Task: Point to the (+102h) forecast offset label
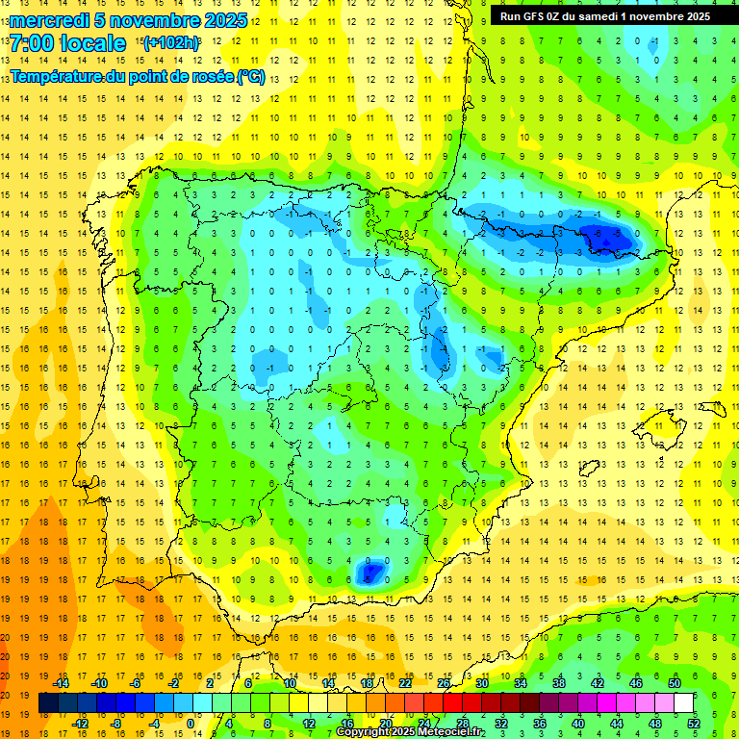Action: pyautogui.click(x=170, y=42)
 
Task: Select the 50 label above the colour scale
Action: pyautogui.click(x=673, y=683)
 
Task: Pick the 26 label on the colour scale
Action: pyautogui.click(x=444, y=683)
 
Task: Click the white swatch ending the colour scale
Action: pyautogui.click(x=683, y=703)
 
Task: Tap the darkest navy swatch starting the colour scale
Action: pyautogui.click(x=49, y=703)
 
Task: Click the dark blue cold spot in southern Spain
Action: pyautogui.click(x=369, y=573)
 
